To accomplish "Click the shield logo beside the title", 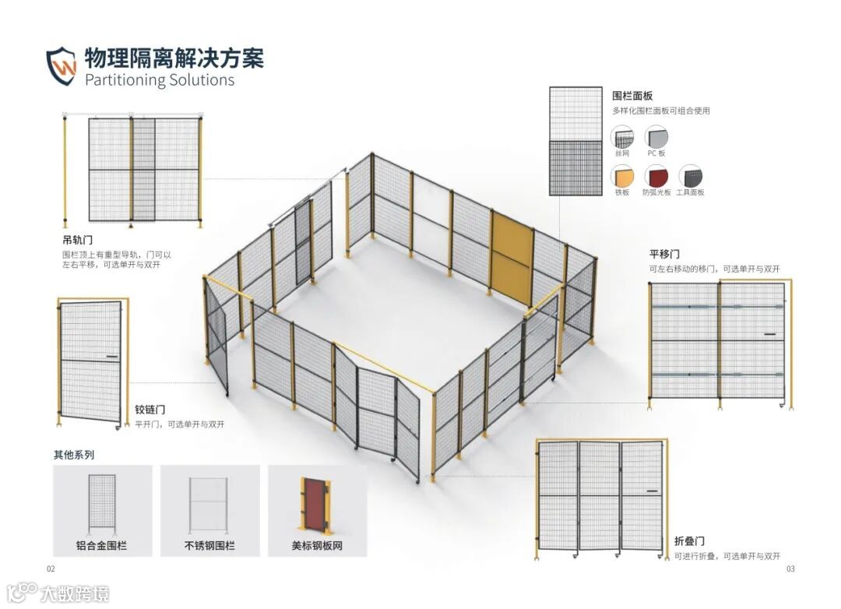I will point(62,65).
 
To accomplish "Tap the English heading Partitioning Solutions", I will point(159,79).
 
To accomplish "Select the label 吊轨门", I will point(78,240).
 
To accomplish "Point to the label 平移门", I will point(665,254).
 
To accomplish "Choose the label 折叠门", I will point(690,541).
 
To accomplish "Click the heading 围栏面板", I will point(633,96).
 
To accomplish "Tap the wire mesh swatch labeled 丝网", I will point(622,138).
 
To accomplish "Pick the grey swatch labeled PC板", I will point(656,138).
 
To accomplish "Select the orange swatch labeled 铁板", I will point(622,176).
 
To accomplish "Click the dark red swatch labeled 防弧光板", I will point(656,176).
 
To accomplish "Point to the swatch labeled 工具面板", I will point(690,176).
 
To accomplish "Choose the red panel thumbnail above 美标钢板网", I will point(316,505).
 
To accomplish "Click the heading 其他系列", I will point(73,455).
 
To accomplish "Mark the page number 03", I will point(790,569).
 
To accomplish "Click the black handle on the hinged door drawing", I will point(112,358).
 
